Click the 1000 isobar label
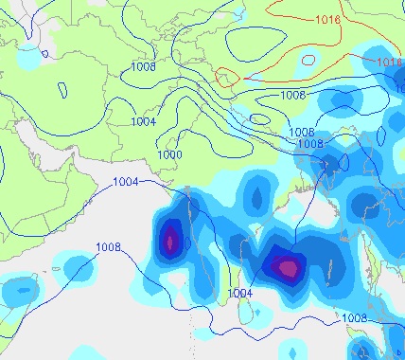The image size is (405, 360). (169, 154)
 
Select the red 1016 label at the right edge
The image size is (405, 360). (390, 63)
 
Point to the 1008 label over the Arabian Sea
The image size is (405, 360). (109, 248)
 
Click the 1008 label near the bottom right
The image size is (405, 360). (355, 318)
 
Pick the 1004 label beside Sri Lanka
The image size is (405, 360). (240, 294)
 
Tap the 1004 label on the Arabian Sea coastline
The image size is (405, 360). (125, 182)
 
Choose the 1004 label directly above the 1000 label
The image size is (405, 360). (143, 122)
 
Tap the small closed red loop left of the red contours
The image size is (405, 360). (227, 77)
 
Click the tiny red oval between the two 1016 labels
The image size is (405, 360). (308, 59)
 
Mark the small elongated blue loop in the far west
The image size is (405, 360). (62, 91)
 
